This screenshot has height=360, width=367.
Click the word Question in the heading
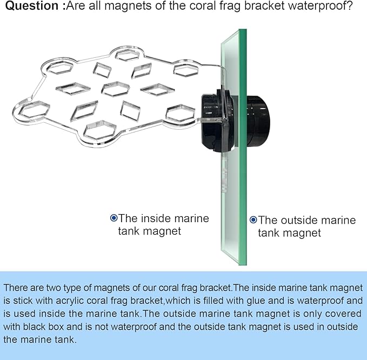pyautogui.click(x=32, y=5)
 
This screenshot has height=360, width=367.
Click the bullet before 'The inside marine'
pyautogui.click(x=114, y=218)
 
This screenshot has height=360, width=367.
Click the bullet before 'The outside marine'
pyautogui.click(x=253, y=220)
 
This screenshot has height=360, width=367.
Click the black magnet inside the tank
pyautogui.click(x=217, y=122)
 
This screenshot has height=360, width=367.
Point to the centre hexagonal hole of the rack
pyautogui.click(x=116, y=89)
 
